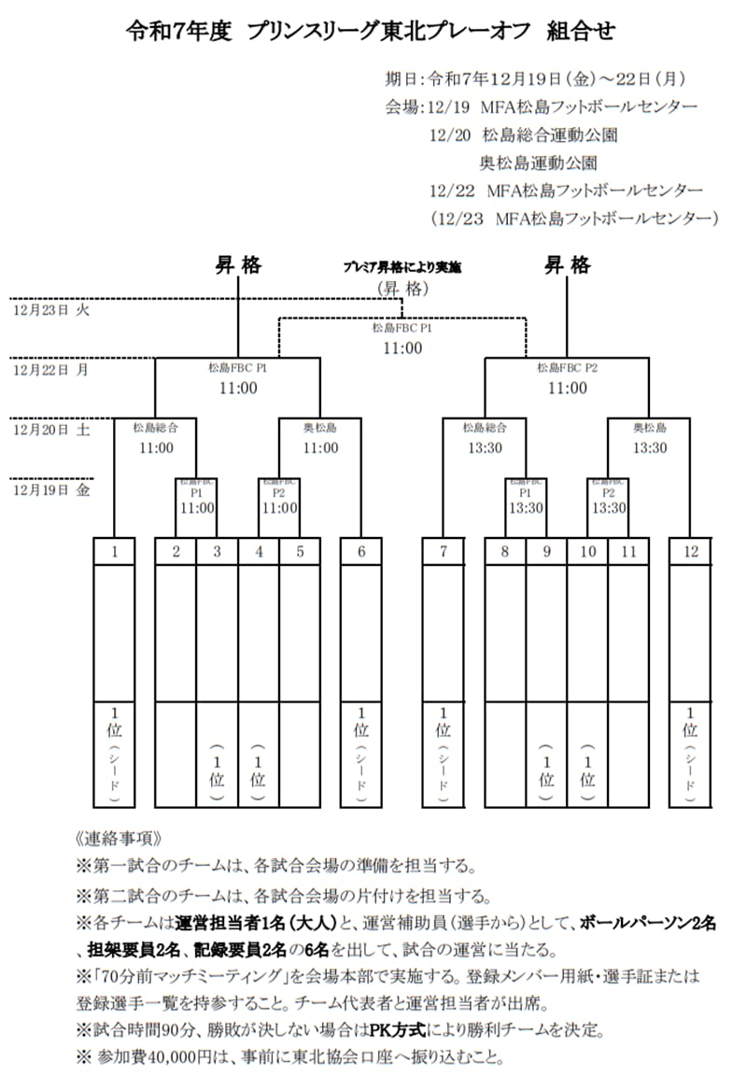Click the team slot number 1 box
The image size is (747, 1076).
[x=114, y=551]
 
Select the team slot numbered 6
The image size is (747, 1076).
[x=360, y=551]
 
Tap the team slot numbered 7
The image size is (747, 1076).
[x=443, y=551]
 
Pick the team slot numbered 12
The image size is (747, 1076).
[x=690, y=551]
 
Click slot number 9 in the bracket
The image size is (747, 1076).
[x=546, y=551]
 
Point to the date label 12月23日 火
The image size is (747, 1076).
[x=49, y=309]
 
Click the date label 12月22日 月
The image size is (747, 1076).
[x=49, y=369]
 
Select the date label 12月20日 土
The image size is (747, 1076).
[x=49, y=430]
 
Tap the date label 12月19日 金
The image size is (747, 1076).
[x=49, y=489]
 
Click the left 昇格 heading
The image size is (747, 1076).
[x=239, y=265]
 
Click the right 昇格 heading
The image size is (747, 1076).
[x=568, y=265]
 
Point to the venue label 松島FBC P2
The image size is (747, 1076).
[x=567, y=368]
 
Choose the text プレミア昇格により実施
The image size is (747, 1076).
[x=402, y=267]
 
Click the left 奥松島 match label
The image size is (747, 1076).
[x=320, y=428]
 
